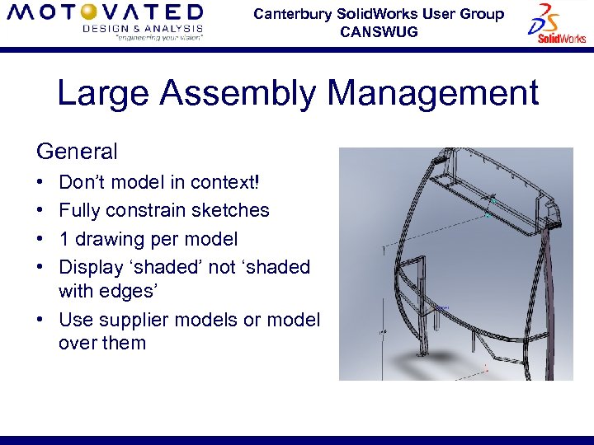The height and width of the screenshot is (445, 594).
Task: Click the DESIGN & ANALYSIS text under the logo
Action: point(142,28)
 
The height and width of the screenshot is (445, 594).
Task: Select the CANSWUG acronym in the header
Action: point(379,32)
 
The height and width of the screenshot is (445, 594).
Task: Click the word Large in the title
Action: point(103,94)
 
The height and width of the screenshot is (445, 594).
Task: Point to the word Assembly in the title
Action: point(238,94)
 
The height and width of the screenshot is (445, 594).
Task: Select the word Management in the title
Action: point(433,94)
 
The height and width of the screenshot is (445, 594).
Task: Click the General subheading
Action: point(77,152)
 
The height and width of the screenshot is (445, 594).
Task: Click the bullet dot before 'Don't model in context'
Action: point(40,182)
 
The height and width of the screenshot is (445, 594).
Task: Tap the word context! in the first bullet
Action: point(225,182)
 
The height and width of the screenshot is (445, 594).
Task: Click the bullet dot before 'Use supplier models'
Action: point(40,320)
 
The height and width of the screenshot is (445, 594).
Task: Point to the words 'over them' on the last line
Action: point(101,343)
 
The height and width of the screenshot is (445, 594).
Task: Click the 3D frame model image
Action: point(455,264)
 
